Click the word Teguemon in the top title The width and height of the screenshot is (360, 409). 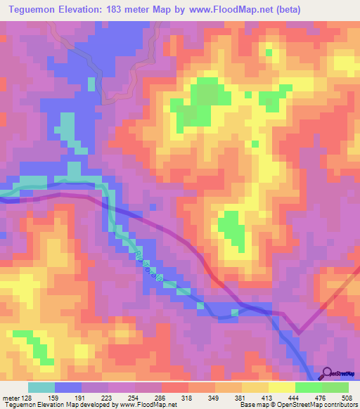tap(34, 9)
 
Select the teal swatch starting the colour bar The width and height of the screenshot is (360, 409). tap(41, 387)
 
